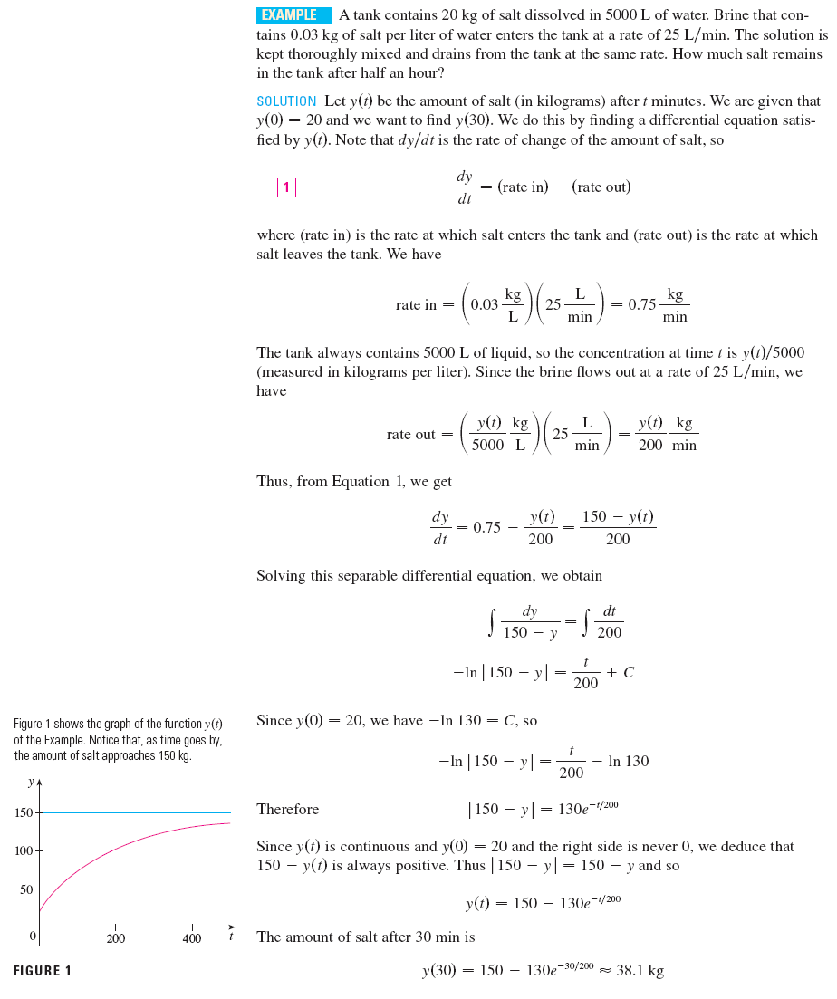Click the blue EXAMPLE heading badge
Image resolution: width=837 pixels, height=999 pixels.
coord(294,15)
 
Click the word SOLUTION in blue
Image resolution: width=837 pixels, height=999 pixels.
coord(286,101)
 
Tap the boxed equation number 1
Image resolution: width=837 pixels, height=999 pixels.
coord(286,187)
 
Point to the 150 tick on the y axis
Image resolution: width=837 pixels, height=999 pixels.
coord(24,812)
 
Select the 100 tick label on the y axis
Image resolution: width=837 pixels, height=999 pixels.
coord(24,851)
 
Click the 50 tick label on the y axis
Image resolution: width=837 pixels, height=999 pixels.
coord(27,889)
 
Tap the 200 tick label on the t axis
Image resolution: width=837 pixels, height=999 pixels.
coord(116,939)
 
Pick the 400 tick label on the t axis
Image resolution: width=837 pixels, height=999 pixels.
coord(192,939)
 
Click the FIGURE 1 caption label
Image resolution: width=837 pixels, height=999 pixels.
coord(43,971)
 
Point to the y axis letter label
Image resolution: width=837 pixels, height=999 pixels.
coord(31,781)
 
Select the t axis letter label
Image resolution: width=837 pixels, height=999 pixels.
coord(231,937)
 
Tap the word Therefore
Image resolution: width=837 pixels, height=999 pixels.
coord(288,809)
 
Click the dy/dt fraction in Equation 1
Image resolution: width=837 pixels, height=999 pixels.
coord(464,187)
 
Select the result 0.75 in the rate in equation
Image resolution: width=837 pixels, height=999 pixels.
coord(641,305)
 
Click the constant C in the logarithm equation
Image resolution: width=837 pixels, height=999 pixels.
coord(629,672)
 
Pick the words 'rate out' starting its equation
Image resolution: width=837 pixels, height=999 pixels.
coord(411,435)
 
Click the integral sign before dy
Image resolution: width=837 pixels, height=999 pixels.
coord(492,622)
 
